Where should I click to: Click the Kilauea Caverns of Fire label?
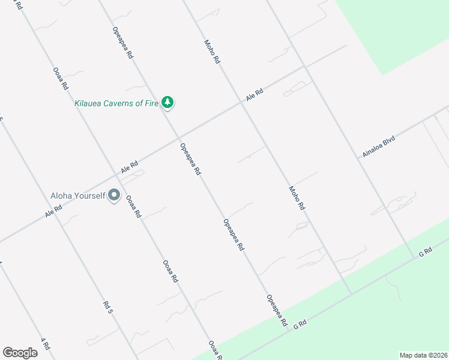pos(116,103)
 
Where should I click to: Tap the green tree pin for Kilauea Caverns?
pos(168,103)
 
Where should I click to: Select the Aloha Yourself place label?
pos(77,196)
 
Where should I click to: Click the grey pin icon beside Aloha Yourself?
pos(114,196)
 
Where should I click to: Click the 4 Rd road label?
pos(44,344)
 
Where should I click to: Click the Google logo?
pos(20,353)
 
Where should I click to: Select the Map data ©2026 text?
pos(423,355)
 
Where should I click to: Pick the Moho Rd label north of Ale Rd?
pos(212,52)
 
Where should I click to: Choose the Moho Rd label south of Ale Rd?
pos(297,197)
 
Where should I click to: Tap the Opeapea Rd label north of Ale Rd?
pos(122,42)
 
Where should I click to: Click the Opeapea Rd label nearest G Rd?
pos(277,310)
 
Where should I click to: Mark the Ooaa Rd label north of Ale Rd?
pos(61,78)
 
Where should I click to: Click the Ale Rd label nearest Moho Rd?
pos(255,95)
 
